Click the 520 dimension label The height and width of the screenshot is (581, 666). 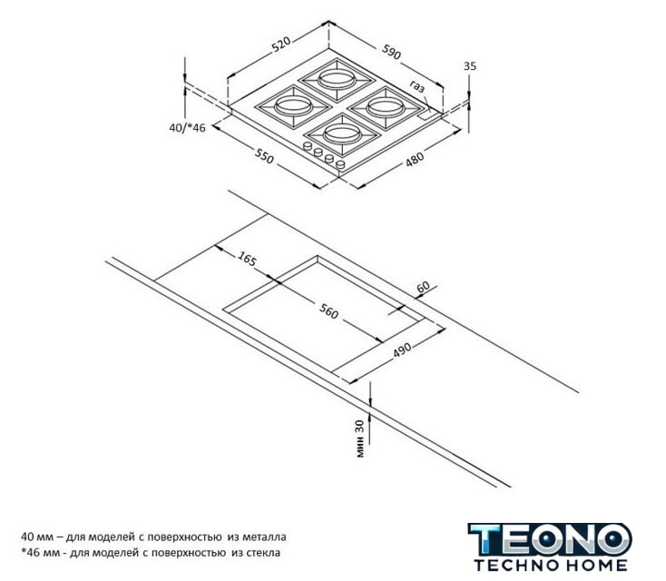(281, 44)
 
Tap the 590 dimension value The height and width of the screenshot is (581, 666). (391, 52)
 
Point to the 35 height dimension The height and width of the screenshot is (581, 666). (470, 66)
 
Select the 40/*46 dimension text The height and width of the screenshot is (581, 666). (187, 127)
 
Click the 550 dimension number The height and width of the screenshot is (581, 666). (264, 155)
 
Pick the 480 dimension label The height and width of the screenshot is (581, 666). (415, 159)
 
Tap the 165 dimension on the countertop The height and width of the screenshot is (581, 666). (247, 259)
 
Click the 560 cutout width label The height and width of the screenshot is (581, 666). (328, 311)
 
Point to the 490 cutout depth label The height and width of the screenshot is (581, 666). (401, 350)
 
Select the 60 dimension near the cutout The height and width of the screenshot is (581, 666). (423, 287)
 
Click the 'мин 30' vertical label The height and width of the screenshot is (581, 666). (359, 438)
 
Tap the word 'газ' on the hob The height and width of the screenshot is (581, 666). (417, 86)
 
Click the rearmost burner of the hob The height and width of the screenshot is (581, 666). (338, 80)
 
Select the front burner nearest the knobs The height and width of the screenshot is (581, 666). (344, 134)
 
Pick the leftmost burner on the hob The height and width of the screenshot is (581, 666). (293, 106)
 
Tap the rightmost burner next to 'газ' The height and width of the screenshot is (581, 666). (386, 107)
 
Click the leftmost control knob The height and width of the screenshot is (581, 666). (307, 146)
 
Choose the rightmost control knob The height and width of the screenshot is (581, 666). (340, 164)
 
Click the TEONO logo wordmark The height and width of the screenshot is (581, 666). (550, 540)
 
